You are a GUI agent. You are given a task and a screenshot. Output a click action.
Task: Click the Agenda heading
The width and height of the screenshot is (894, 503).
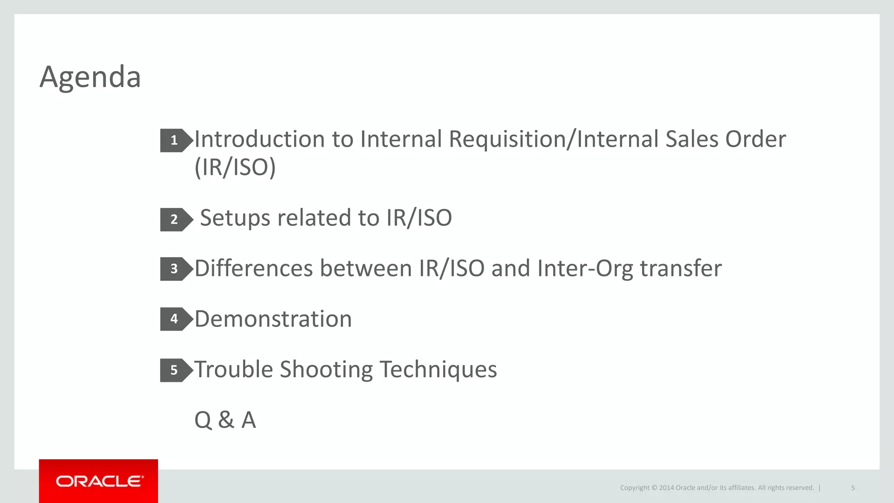point(90,77)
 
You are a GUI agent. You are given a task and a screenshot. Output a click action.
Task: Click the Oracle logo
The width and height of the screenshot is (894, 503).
point(99,481)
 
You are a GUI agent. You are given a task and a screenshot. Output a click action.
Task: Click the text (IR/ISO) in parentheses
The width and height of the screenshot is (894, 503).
point(235,167)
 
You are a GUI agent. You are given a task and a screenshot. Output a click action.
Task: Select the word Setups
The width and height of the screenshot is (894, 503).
point(235,218)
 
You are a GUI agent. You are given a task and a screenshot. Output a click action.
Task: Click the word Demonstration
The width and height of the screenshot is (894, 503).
point(273,319)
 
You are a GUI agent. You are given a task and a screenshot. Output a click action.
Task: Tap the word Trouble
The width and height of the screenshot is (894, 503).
point(234,369)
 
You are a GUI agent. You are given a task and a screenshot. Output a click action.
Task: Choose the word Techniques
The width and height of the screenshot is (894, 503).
point(438,369)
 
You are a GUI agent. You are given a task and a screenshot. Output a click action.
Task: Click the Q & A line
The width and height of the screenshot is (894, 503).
point(225,420)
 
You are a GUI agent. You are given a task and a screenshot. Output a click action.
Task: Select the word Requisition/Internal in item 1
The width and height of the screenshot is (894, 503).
point(554,139)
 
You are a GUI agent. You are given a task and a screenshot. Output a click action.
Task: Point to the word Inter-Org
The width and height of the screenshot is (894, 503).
point(585,268)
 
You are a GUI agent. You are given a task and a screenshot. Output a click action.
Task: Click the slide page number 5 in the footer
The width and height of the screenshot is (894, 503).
point(853,488)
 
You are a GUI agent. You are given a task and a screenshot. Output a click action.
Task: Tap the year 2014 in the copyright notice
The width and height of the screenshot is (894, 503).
point(667,488)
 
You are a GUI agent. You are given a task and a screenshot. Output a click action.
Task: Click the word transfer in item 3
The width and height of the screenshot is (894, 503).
point(681,268)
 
